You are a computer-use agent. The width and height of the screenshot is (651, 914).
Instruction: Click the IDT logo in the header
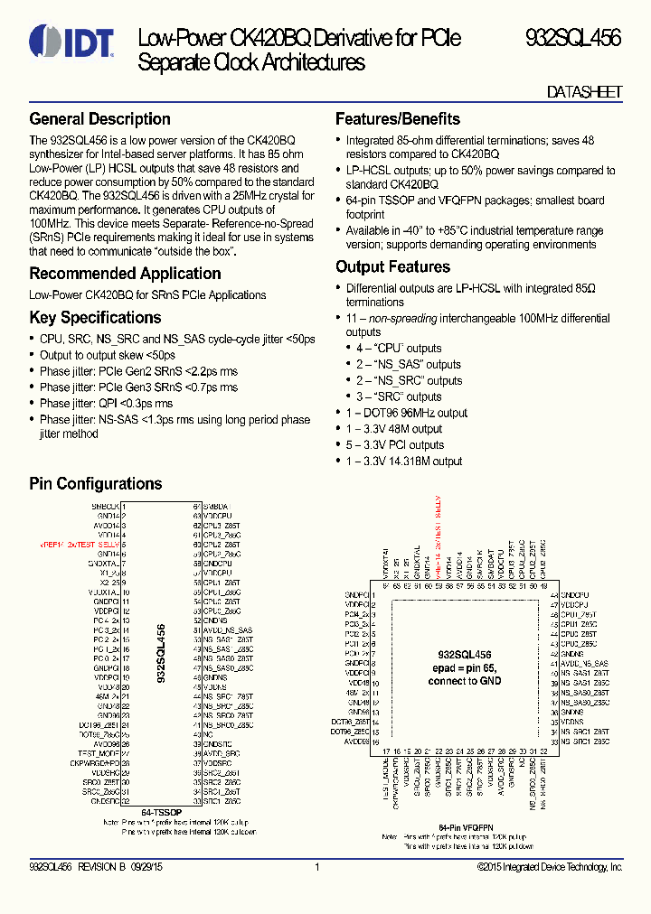tap(71, 40)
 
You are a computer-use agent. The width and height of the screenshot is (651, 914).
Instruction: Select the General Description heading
tap(99, 119)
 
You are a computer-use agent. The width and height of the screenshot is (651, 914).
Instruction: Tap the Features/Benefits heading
tap(397, 119)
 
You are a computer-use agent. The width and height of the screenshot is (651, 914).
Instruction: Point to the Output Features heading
tap(392, 267)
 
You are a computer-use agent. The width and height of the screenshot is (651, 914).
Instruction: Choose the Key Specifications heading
tap(95, 318)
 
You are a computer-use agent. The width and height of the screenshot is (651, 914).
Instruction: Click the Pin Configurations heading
tap(95, 484)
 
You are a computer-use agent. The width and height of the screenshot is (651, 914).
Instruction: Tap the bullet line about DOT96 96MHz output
tap(407, 413)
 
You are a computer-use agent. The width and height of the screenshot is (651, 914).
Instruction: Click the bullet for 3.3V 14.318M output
tap(404, 462)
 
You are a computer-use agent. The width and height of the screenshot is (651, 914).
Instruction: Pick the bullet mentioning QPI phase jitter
tap(106, 404)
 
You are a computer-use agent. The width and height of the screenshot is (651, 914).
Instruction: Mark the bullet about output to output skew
tap(107, 355)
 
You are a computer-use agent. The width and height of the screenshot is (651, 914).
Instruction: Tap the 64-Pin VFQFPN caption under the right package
tap(466, 827)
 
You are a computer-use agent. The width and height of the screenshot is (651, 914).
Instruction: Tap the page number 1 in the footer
tap(317, 867)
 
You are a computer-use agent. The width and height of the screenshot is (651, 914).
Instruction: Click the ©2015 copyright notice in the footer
tap(550, 867)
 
